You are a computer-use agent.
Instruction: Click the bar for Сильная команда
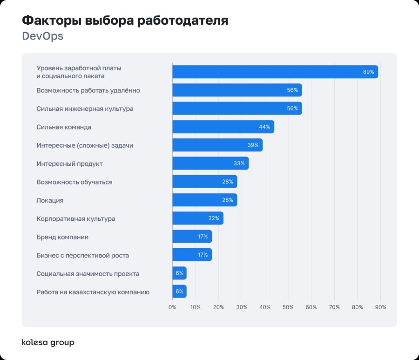[x=223, y=127]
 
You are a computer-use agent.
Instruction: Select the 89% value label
[x=368, y=72]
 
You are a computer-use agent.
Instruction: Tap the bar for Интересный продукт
[x=210, y=163]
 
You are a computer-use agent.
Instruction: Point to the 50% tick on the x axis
[x=288, y=307]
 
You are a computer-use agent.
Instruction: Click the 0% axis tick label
[x=172, y=307]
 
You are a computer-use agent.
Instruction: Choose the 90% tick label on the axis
[x=380, y=307]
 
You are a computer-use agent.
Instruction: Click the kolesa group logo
[x=48, y=343]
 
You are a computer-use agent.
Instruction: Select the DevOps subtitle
[x=42, y=36]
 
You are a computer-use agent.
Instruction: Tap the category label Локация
[x=50, y=200]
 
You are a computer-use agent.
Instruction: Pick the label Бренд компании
[x=62, y=237]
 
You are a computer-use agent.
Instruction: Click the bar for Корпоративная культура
[x=197, y=218]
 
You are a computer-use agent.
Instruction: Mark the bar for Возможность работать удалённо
[x=237, y=90]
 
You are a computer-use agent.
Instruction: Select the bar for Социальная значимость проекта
[x=179, y=273]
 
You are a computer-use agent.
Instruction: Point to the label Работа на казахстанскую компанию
[x=93, y=292]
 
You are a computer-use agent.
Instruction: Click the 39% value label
[x=253, y=145]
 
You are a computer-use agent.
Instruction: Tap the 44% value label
[x=264, y=127]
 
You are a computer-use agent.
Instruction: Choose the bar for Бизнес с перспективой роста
[x=192, y=255]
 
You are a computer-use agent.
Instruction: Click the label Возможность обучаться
[x=74, y=182]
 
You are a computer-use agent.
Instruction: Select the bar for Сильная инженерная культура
[x=237, y=109]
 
